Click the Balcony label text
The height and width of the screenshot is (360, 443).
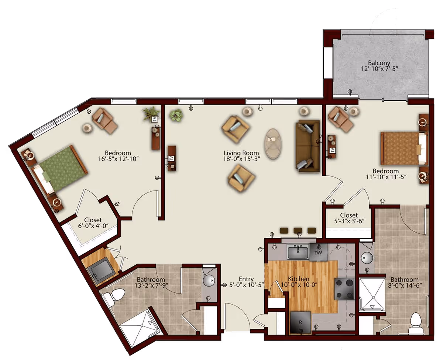pyautogui.click(x=379, y=63)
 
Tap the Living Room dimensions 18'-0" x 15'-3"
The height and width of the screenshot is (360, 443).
pyautogui.click(x=242, y=159)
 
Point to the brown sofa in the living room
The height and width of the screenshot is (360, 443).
pyautogui.click(x=308, y=146)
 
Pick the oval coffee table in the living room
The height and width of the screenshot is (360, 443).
pyautogui.click(x=273, y=144)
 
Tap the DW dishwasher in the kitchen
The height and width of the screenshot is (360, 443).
pyautogui.click(x=318, y=253)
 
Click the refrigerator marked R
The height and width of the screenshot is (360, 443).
pyautogui.click(x=301, y=323)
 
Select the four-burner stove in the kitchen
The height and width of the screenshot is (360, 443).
pyautogui.click(x=344, y=289)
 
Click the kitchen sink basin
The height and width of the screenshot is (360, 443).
pyautogui.click(x=298, y=251)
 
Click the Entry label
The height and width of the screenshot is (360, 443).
pyautogui.click(x=246, y=279)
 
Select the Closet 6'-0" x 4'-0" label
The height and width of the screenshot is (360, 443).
pyautogui.click(x=93, y=223)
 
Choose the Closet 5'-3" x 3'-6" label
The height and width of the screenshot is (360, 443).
pyautogui.click(x=349, y=218)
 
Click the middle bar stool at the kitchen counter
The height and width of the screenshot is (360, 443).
pyautogui.click(x=298, y=230)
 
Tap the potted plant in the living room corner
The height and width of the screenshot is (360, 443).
pyautogui.click(x=176, y=115)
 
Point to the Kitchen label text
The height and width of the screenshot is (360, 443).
pyautogui.click(x=299, y=278)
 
